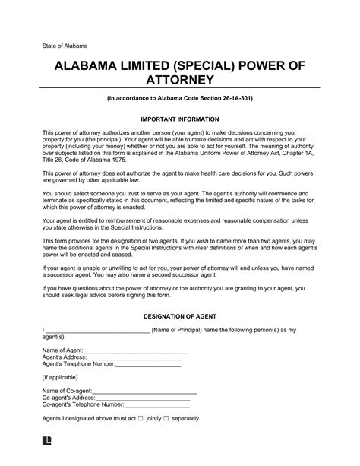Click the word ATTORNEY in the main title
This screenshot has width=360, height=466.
coord(180,80)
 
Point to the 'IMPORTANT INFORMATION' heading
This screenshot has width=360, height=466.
coord(180,119)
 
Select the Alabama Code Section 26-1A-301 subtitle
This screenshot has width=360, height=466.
coord(180,100)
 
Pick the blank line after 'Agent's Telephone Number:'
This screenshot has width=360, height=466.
coord(148,364)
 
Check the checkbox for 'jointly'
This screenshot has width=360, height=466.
coord(141,419)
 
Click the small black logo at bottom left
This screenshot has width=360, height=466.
coord(47,440)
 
